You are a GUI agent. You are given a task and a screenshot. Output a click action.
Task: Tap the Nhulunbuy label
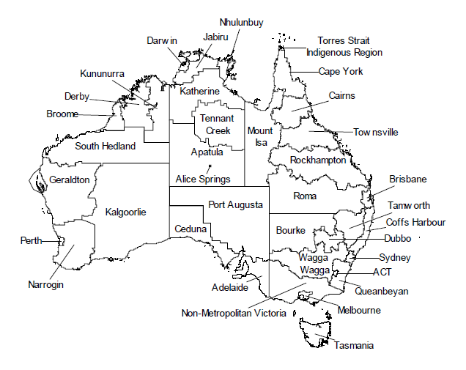click(241, 23)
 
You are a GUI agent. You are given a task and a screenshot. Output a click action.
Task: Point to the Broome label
click(62, 114)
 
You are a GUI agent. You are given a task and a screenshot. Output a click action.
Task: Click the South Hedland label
click(106, 146)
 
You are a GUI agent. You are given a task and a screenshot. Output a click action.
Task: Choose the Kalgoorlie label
click(126, 212)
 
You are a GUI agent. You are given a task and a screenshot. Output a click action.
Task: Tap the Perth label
click(31, 240)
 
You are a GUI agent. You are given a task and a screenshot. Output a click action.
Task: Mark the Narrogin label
click(45, 284)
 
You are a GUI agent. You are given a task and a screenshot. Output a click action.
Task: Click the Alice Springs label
click(203, 179)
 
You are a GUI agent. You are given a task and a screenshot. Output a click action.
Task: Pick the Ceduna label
click(191, 229)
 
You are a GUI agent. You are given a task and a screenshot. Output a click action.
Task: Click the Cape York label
click(341, 72)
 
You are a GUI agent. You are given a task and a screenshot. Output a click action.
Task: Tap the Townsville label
click(376, 133)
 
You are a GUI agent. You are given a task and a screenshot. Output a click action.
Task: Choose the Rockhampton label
click(317, 160)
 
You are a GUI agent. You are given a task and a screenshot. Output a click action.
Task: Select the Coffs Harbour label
click(416, 221)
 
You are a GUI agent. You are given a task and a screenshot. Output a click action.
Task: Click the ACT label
click(382, 271)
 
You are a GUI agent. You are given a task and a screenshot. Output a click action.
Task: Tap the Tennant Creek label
click(218, 124)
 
